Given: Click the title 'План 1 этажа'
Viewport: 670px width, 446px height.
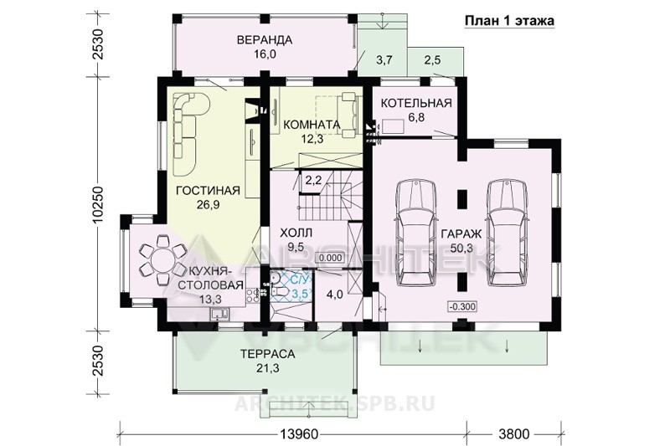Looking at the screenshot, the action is (x=509, y=20).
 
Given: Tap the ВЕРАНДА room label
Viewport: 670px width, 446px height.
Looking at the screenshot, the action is (x=265, y=39).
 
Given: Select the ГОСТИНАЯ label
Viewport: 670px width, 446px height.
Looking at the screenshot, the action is (x=208, y=190).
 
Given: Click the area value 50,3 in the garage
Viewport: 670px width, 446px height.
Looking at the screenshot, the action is (x=461, y=248).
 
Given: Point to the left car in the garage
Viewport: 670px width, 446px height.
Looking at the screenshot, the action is (x=415, y=233).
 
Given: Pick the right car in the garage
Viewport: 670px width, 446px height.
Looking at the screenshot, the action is (x=508, y=233).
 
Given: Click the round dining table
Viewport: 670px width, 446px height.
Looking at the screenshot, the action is (x=162, y=260).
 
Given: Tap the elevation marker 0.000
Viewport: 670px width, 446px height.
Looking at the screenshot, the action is (x=330, y=258).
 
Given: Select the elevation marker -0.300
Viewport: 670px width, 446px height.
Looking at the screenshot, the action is (x=462, y=306).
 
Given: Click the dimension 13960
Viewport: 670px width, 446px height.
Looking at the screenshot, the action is (x=300, y=434).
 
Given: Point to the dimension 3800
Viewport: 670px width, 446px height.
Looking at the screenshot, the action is (x=513, y=434).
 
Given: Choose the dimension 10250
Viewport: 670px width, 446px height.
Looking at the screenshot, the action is (x=98, y=204).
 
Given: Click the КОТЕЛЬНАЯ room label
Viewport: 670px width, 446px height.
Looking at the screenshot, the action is (x=416, y=103).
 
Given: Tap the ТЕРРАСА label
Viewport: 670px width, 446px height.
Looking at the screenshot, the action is (x=267, y=354).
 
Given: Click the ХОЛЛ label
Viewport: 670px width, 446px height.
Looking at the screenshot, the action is (x=296, y=233).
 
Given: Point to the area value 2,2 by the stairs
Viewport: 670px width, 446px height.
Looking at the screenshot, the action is (x=313, y=180).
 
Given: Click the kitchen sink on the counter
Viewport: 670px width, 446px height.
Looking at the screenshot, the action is (x=219, y=315).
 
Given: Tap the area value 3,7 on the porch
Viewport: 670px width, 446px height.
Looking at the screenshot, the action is (x=384, y=60).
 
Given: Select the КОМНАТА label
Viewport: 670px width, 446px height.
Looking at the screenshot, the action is (x=312, y=125).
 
